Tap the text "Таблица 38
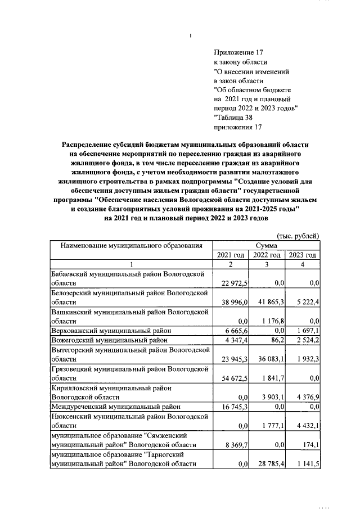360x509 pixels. (233, 118)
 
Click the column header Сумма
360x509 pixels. (266, 246)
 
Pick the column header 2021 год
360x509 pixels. (231, 255)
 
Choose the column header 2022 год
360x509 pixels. (267, 255)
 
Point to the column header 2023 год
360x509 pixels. (303, 255)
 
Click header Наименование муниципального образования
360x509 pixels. (131, 246)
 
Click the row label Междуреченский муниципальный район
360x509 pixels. (115, 407)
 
